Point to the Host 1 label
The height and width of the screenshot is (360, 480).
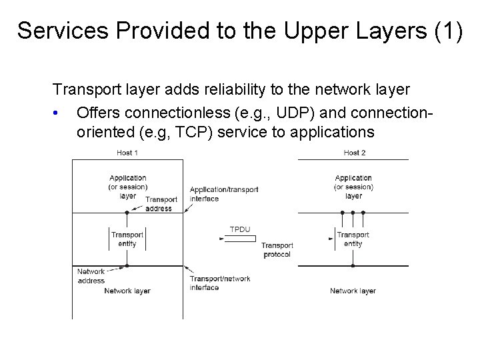point(127,153)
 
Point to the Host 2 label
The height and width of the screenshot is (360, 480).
point(354,153)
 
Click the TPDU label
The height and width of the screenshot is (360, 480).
point(239,229)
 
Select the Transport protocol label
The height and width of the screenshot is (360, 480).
point(277,250)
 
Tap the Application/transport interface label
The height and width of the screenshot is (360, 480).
point(223,193)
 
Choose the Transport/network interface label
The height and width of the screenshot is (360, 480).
point(219,283)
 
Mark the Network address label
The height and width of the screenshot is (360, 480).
point(91,276)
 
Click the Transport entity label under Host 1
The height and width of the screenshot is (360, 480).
point(127,239)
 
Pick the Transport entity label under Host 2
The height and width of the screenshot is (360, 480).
point(353,239)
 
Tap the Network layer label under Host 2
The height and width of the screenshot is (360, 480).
point(353,291)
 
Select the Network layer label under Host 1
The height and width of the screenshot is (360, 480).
point(127,291)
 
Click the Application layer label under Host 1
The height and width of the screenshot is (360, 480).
point(128,187)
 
